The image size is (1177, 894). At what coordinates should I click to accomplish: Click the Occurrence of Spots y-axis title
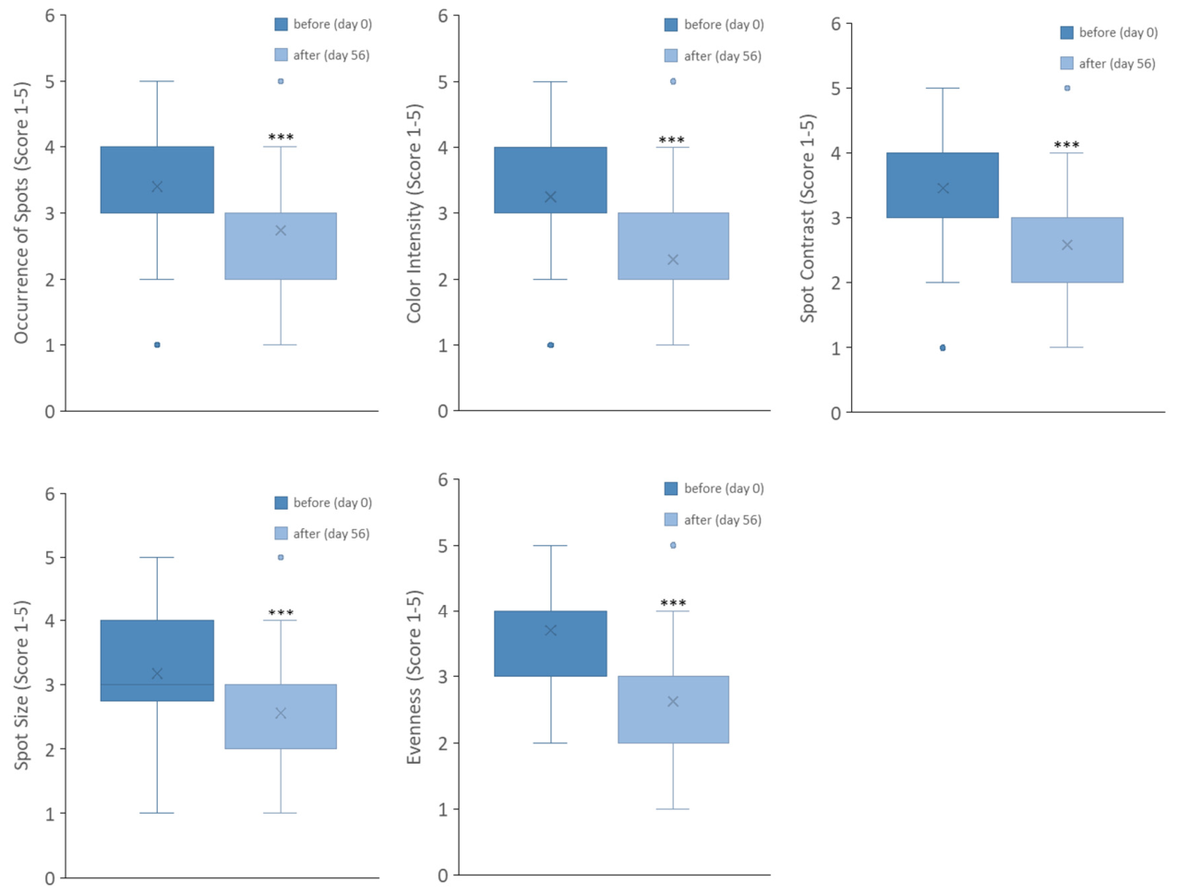click(21, 213)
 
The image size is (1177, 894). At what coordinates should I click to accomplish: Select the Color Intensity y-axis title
click(414, 213)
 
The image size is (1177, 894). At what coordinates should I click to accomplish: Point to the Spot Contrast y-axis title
click(807, 218)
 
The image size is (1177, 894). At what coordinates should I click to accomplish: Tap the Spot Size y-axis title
click(21, 685)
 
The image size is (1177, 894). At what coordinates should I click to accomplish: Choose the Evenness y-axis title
click(414, 677)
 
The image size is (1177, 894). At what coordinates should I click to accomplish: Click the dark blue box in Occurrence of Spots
click(157, 180)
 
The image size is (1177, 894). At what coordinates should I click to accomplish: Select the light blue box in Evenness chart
click(673, 709)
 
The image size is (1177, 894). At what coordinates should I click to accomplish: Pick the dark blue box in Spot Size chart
click(157, 660)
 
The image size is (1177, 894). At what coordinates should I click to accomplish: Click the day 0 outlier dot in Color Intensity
click(551, 344)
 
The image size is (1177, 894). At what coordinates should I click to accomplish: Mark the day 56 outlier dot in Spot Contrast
click(1067, 88)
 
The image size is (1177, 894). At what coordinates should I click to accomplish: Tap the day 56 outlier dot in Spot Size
click(281, 557)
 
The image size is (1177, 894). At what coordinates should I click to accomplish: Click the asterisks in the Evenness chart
click(673, 603)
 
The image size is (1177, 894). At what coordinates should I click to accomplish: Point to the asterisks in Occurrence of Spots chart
click(281, 137)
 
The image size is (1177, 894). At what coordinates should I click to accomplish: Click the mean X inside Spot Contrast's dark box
click(943, 188)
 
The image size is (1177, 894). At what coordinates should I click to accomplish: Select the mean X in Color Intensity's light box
click(673, 260)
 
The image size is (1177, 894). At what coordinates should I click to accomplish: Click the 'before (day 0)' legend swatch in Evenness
click(671, 488)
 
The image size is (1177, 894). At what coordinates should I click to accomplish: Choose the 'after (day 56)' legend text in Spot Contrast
click(1117, 64)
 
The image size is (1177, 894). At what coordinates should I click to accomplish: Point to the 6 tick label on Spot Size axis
click(50, 494)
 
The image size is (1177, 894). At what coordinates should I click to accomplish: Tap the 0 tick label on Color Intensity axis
click(443, 411)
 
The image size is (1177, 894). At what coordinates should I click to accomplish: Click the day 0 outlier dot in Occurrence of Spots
click(157, 344)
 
